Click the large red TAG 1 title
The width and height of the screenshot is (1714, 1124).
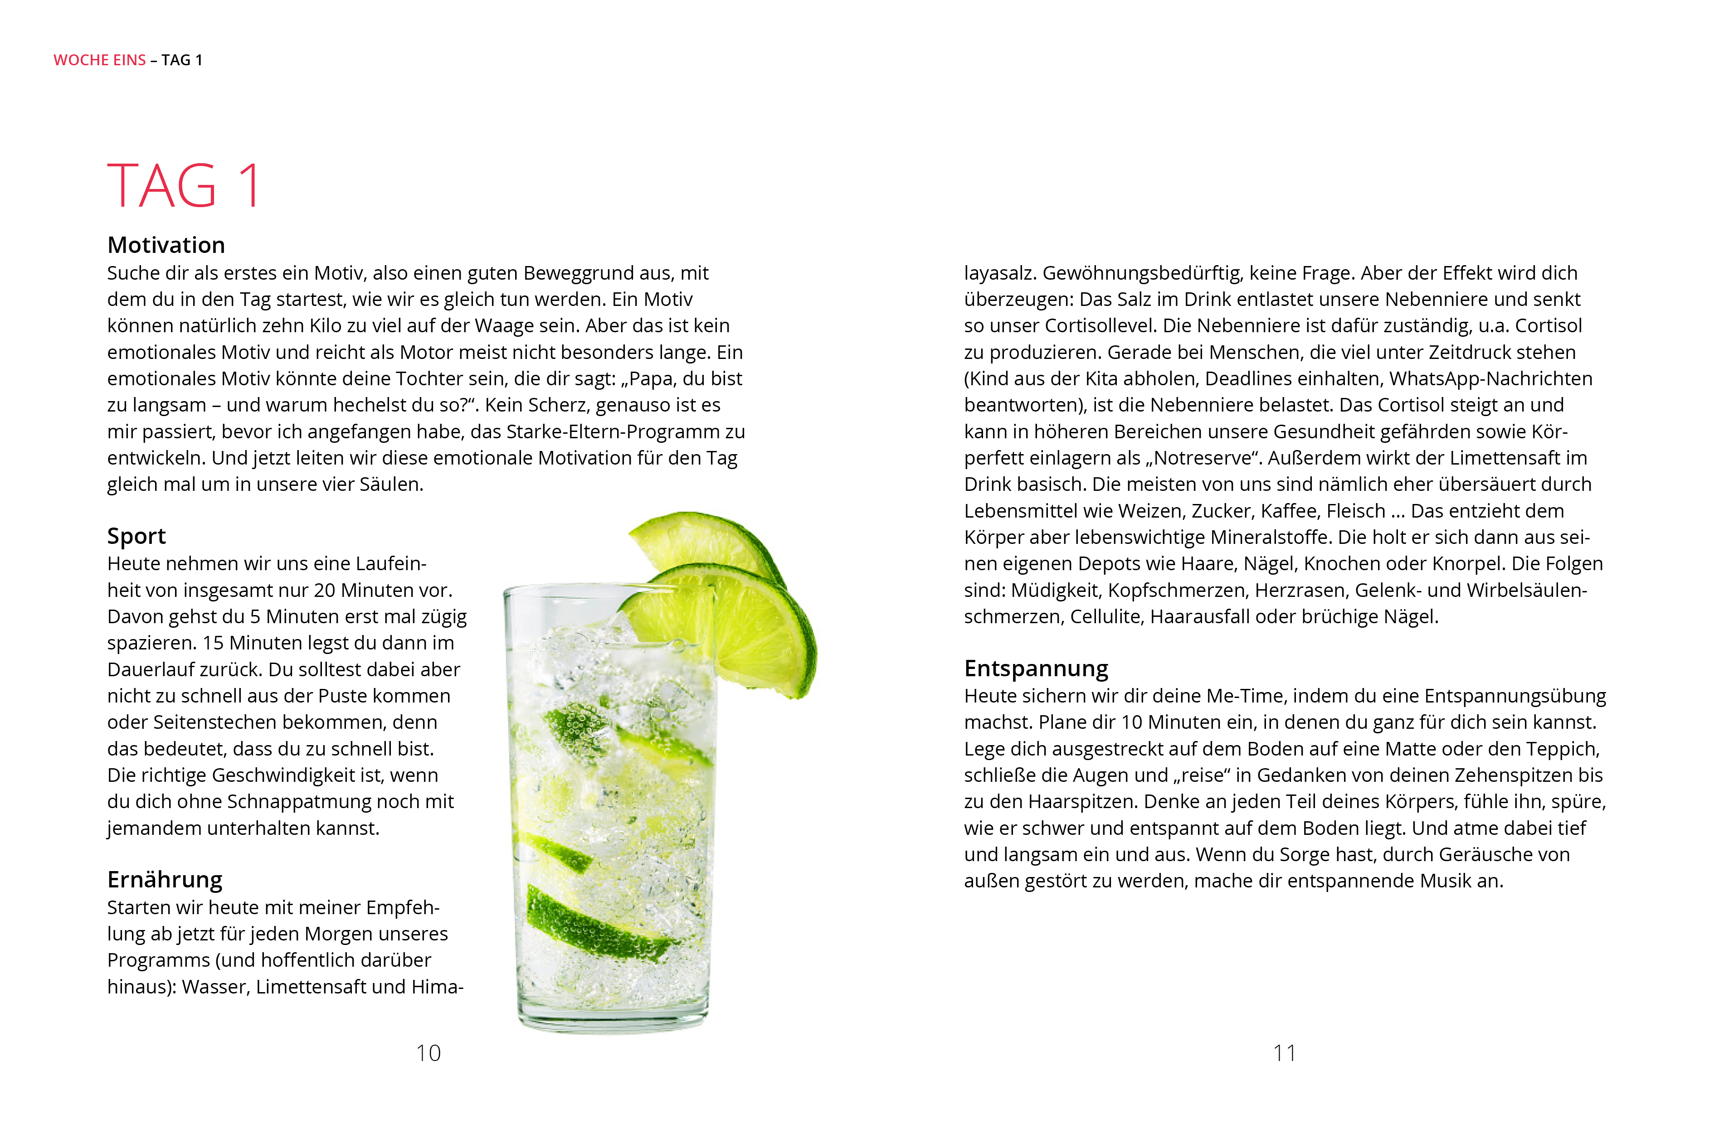tap(185, 186)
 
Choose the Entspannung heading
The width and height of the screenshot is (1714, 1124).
tap(1036, 668)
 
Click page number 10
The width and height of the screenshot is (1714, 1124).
tap(428, 1053)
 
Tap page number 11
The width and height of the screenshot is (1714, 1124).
tap(1284, 1053)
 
